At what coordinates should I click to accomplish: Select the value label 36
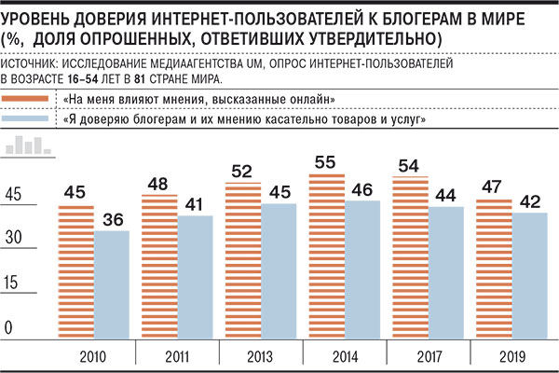click(x=111, y=219)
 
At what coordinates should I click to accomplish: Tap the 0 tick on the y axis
click(x=8, y=326)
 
